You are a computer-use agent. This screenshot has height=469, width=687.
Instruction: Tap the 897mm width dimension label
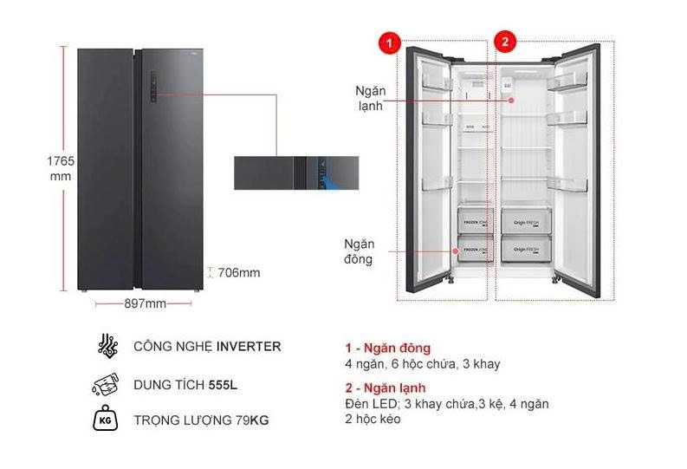144,303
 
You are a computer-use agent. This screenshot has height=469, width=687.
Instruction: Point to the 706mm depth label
237,273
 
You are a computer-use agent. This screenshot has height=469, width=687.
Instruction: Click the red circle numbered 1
391,42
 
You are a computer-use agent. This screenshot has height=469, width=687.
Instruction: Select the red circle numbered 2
504,42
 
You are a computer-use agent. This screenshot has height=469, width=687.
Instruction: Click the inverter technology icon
107,345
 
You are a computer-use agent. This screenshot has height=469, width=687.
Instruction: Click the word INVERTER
248,346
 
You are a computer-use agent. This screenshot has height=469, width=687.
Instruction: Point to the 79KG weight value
252,421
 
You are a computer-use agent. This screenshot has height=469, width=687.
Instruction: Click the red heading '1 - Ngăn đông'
387,348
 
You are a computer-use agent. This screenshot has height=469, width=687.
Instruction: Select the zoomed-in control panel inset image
295,173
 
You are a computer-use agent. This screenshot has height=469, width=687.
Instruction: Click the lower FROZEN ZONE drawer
475,250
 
